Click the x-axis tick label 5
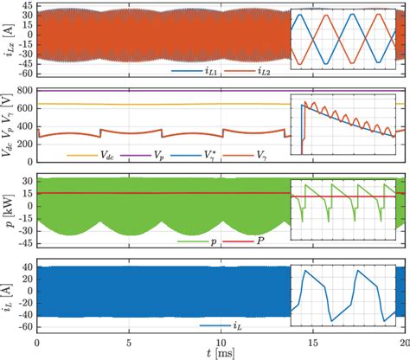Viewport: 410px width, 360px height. coord(128,342)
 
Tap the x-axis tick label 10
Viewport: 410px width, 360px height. coord(220,342)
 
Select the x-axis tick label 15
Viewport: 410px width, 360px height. coord(312,342)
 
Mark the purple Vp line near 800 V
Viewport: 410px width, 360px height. coord(173,90)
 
